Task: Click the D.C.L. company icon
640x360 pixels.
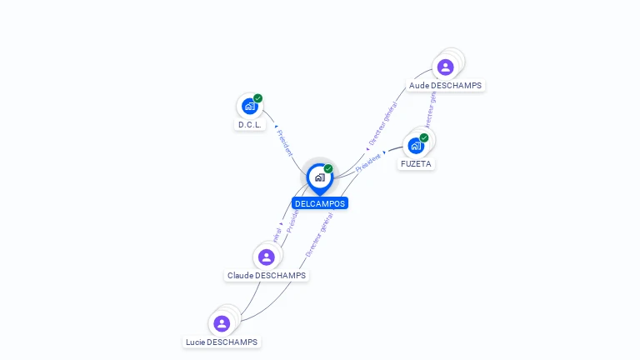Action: [x=248, y=106]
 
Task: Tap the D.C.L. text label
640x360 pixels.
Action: [x=250, y=125]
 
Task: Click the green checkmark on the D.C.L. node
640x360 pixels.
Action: [x=258, y=98]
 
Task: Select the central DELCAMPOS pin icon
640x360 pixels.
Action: [x=319, y=177]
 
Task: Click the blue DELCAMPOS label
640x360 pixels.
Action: [x=320, y=203]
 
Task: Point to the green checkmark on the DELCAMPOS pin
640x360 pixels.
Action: [x=328, y=169]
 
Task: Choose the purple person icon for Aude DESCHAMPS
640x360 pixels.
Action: [x=445, y=67]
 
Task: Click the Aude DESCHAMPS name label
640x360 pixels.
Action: [x=445, y=85]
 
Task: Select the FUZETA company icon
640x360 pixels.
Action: [x=415, y=145]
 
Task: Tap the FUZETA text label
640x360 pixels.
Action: [x=416, y=163]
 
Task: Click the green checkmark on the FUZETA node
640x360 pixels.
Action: [x=424, y=137]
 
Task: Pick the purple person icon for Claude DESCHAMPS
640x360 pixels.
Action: [x=266, y=257]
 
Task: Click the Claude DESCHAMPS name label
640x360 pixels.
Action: [x=267, y=275]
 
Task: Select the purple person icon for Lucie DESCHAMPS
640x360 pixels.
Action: [x=222, y=323]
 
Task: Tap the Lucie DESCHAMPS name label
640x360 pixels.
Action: [x=222, y=342]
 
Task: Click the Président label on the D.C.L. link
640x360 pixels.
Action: [x=284, y=142]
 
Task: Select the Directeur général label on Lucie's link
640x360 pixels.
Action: [x=319, y=233]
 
